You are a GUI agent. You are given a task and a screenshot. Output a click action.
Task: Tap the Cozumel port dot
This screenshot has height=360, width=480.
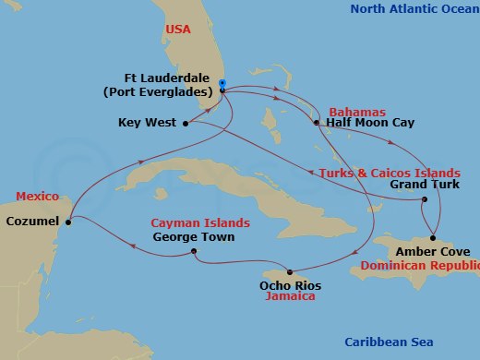tap(68, 220)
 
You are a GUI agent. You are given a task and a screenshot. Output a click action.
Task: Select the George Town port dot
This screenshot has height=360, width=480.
tap(194, 251)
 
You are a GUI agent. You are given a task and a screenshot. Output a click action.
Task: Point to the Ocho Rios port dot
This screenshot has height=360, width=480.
tap(290, 272)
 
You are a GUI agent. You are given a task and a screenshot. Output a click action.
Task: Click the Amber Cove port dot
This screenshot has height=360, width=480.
tap(432, 237)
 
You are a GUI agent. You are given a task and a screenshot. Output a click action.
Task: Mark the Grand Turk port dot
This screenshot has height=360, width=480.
tap(424, 200)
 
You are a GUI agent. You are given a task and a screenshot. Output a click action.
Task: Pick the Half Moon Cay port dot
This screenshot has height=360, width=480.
tap(316, 122)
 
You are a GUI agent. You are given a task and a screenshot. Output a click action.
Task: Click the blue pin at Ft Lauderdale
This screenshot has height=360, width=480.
tap(222, 84)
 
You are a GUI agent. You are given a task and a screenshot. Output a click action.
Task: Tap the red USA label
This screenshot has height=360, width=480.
tap(178, 30)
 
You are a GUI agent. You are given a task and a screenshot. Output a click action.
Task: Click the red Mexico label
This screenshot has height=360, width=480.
tap(38, 197)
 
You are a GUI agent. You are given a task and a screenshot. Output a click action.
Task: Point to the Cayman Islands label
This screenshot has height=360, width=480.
tap(201, 223)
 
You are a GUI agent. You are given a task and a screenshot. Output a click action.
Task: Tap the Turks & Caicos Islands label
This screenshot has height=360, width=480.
tap(389, 173)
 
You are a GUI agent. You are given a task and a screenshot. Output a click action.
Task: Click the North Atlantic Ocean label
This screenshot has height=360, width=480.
tap(414, 9)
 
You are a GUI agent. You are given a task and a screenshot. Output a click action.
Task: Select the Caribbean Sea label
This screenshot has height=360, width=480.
tap(387, 342)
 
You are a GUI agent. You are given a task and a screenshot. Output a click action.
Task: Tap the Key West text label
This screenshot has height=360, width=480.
tap(148, 122)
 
